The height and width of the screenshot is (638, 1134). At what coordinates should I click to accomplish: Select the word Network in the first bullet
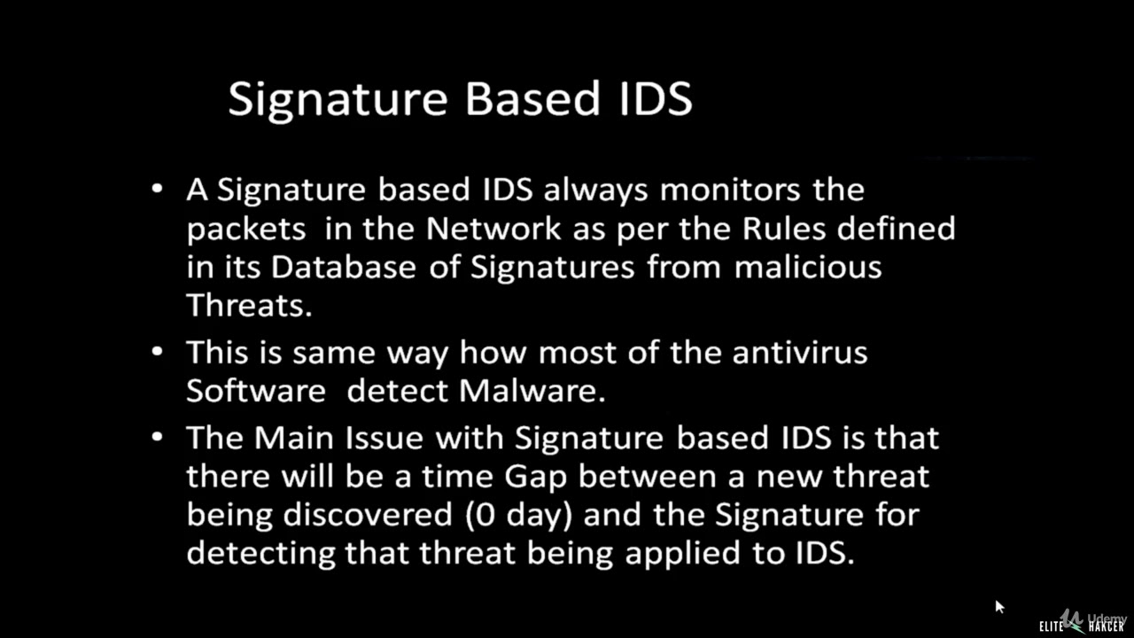(x=493, y=228)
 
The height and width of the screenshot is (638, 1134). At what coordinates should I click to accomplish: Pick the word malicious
(x=808, y=267)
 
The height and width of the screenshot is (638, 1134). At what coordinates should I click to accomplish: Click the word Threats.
(x=249, y=306)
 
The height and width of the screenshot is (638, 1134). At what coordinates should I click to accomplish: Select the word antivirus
(x=800, y=352)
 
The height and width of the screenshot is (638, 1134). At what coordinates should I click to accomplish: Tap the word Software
(x=256, y=391)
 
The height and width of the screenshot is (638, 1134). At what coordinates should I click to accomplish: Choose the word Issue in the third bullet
(x=365, y=437)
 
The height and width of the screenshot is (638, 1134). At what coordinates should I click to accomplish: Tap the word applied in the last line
(x=679, y=553)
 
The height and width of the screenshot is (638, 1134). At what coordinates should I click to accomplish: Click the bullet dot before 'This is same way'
(x=158, y=352)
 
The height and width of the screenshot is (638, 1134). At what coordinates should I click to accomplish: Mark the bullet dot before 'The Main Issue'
(x=158, y=437)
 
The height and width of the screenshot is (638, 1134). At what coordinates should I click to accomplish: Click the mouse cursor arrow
(x=998, y=606)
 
